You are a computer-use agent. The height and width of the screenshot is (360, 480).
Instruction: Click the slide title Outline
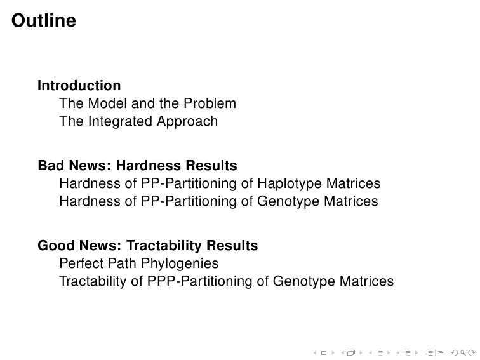(44, 20)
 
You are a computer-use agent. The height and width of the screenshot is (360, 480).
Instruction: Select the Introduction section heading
(79, 86)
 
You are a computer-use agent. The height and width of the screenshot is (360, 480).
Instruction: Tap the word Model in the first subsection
(107, 103)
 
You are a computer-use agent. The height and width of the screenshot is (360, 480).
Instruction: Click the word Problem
(210, 103)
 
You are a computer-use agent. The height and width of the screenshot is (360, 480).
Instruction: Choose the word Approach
(187, 121)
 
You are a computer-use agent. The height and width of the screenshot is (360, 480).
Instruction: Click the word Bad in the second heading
(51, 165)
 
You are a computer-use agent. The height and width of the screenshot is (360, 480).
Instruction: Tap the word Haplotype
(290, 183)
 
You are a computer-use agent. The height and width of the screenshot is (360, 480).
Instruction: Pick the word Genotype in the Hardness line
(288, 201)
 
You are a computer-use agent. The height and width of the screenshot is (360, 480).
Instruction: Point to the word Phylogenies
(180, 263)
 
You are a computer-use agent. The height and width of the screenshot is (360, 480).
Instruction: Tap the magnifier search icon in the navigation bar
(463, 353)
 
